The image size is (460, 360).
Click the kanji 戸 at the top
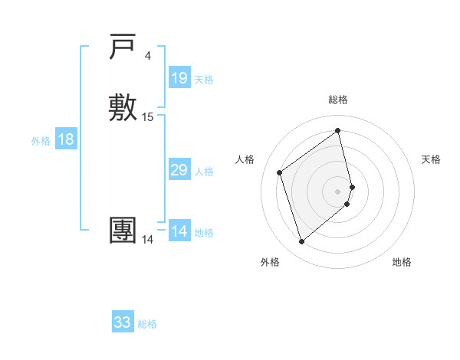tap(123, 48)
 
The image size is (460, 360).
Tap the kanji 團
tap(123, 231)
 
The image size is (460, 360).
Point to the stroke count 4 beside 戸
tap(148, 56)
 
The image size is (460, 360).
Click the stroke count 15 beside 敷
tap(148, 117)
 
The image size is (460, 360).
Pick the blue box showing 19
tap(179, 78)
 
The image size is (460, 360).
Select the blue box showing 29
tap(179, 170)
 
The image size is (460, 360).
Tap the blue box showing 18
tap(66, 139)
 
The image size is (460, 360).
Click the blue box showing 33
tap(123, 322)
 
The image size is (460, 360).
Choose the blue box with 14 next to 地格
tap(179, 231)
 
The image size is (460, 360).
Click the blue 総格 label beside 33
tap(147, 324)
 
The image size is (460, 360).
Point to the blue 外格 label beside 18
tap(41, 141)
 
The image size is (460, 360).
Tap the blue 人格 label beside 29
tap(205, 172)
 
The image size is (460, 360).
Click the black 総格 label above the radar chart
tap(338, 100)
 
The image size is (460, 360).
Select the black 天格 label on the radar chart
tap(432, 159)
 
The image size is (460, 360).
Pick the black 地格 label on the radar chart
tap(402, 262)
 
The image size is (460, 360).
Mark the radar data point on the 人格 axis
tap(279, 172)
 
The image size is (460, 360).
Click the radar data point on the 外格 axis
tap(301, 242)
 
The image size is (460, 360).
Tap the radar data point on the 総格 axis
tap(338, 130)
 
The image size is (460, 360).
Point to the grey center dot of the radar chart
tap(338, 191)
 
